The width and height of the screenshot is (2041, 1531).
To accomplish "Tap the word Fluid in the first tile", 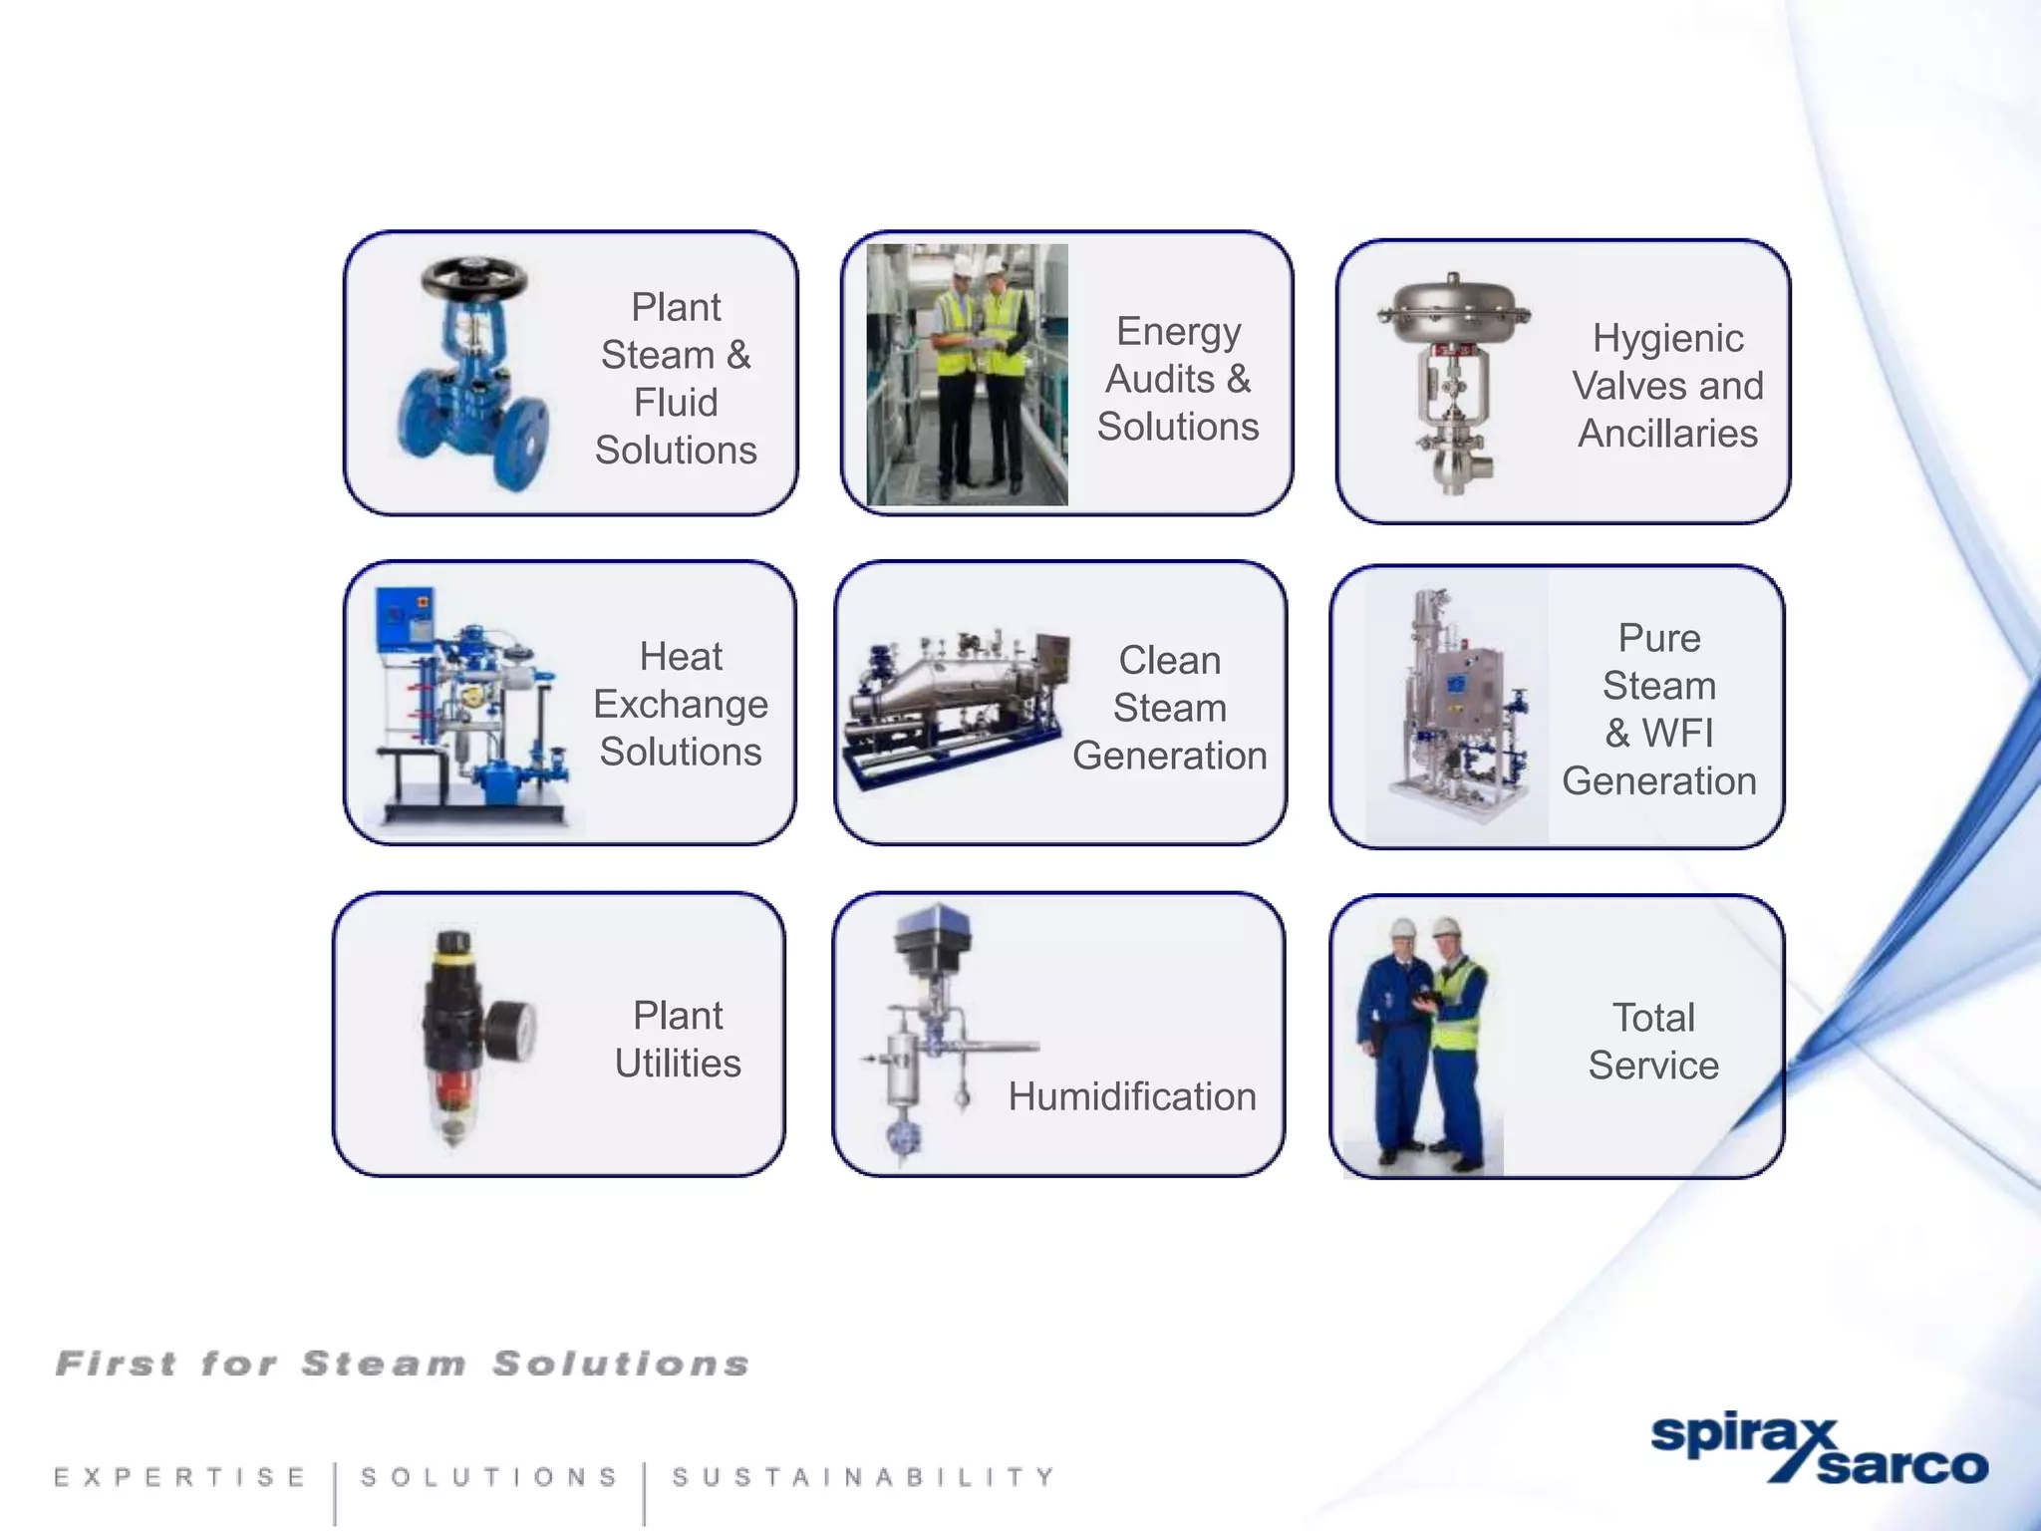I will coord(676,403).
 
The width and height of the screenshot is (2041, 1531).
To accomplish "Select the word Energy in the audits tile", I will coord(1178,332).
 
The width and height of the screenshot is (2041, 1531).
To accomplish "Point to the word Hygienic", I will coord(1667,339).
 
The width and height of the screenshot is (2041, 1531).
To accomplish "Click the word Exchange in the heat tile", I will coord(681,705).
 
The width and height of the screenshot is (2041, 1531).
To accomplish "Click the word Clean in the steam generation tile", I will coord(1169,661).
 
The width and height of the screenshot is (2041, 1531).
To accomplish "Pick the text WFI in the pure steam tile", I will coord(1677,734).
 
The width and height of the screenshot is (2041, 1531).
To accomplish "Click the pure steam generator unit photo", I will coord(1457,708).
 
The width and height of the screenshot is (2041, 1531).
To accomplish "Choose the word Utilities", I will coord(678,1064).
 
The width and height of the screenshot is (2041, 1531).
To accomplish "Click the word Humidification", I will coord(1131,1097).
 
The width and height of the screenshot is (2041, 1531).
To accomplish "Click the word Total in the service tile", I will coord(1653,1019).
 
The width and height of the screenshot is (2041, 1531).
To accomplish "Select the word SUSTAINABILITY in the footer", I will coord(862,1476).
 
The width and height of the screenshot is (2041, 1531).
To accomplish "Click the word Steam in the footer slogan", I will coord(385,1364).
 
